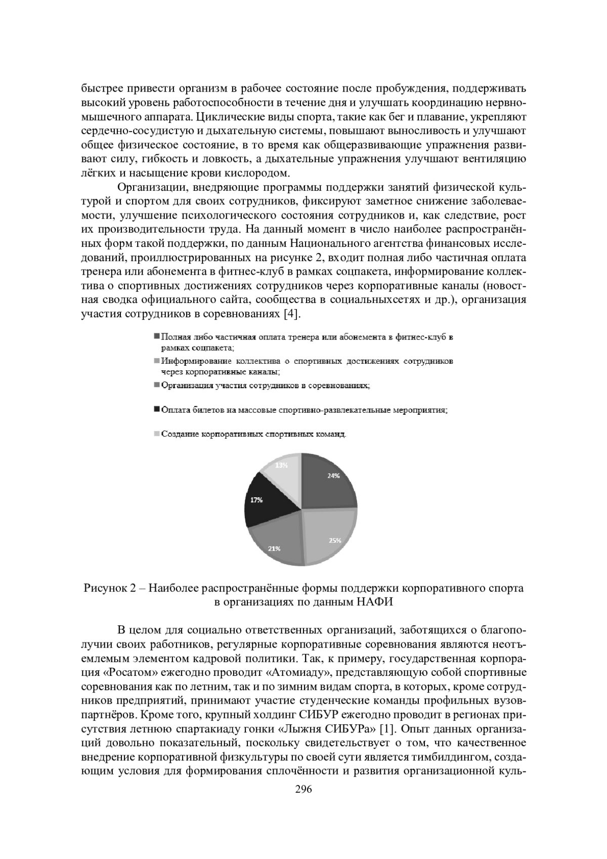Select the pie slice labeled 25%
point(329,536)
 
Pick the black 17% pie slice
point(261,501)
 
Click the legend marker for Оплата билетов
point(157,408)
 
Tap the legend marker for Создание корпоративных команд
point(157,433)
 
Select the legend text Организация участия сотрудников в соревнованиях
point(266,386)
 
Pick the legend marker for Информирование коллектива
point(157,361)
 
